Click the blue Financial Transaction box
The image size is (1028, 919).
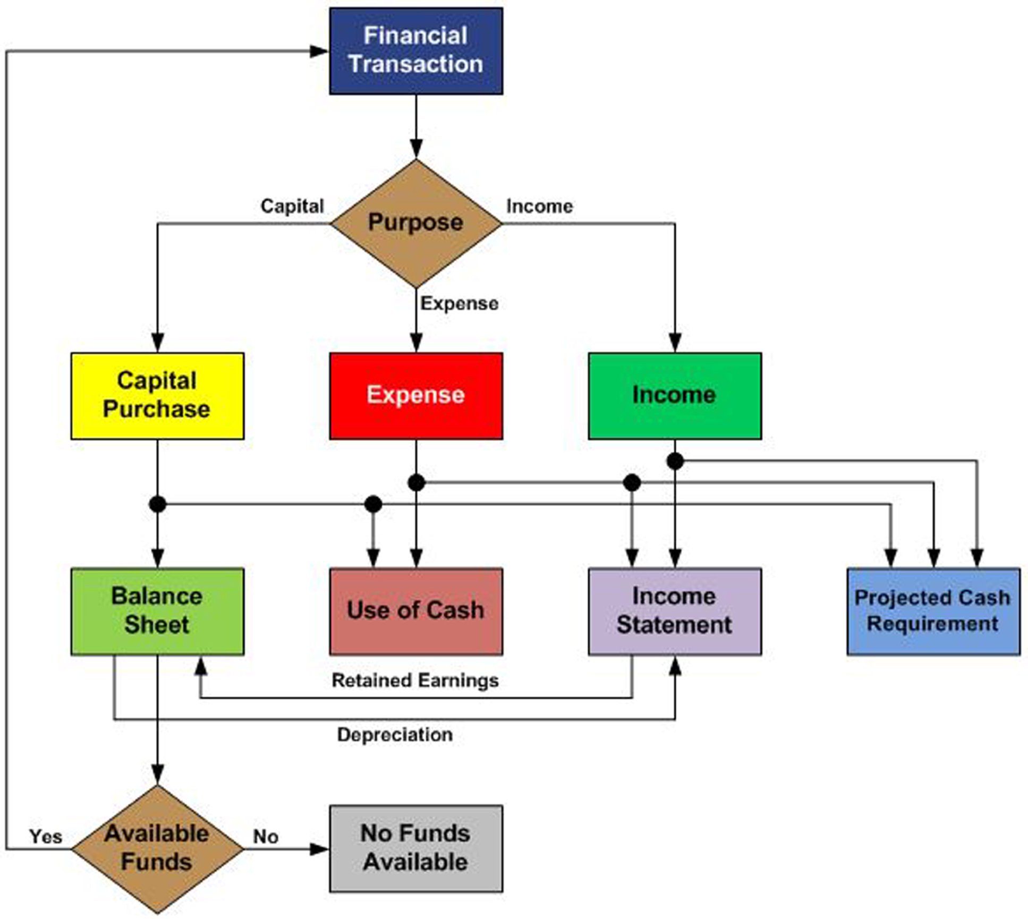click(415, 51)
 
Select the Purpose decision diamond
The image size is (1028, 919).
click(415, 223)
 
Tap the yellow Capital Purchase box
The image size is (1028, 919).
click(157, 396)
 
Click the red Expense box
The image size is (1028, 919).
click(415, 396)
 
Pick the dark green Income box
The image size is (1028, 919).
click(674, 396)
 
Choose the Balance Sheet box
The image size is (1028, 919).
click(157, 611)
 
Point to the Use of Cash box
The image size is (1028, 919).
click(415, 611)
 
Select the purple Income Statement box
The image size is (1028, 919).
click(674, 611)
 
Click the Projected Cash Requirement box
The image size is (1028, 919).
click(933, 611)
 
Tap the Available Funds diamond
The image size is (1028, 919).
click(157, 848)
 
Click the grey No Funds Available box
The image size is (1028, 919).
click(415, 848)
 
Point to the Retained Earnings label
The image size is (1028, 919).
click(415, 680)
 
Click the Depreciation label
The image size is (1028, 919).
click(395, 735)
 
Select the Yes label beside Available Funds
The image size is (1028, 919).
click(46, 837)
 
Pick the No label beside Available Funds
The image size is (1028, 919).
click(266, 837)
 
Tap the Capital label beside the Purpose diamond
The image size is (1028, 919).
click(292, 206)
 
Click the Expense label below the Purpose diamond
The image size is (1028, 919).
click(460, 303)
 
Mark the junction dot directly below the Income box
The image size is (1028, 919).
click(675, 461)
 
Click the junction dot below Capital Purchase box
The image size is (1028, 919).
click(157, 504)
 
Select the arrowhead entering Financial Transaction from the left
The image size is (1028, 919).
click(319, 51)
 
